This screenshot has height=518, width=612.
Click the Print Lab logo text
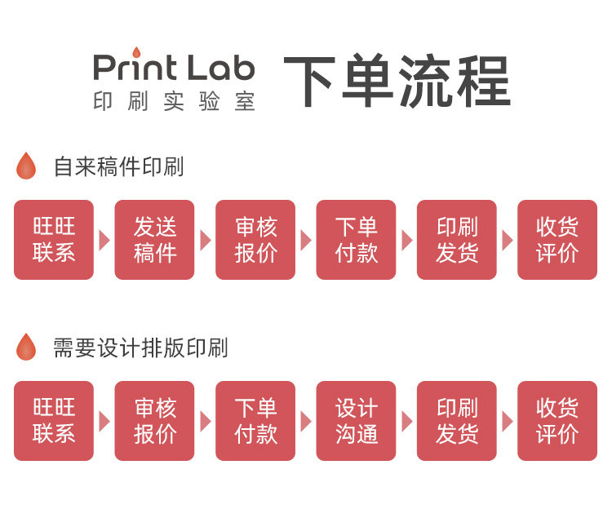point(174,69)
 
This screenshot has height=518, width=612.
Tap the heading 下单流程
point(397,82)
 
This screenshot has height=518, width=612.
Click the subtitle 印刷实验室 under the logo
point(174,102)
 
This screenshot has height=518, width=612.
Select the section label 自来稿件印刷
point(118,167)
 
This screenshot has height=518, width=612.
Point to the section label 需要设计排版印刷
point(140,348)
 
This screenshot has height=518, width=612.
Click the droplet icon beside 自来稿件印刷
point(26,166)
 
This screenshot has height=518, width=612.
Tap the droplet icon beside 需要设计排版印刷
point(26,348)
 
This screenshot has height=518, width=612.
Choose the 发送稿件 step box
point(154,240)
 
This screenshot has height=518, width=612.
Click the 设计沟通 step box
point(356,421)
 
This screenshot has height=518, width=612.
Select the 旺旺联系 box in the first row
point(54,240)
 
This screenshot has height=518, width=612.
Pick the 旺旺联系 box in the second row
point(54,421)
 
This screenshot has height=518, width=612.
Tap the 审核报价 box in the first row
point(255,240)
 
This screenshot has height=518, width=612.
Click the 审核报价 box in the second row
point(154,421)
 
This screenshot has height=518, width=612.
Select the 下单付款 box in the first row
point(356,240)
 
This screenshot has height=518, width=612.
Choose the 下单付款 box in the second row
point(255,421)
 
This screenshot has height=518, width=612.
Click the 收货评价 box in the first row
point(557,240)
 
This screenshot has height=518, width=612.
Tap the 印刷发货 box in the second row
point(456,421)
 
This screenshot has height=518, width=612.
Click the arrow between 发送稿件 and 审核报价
point(205,240)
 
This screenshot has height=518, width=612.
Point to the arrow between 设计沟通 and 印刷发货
point(406,421)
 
